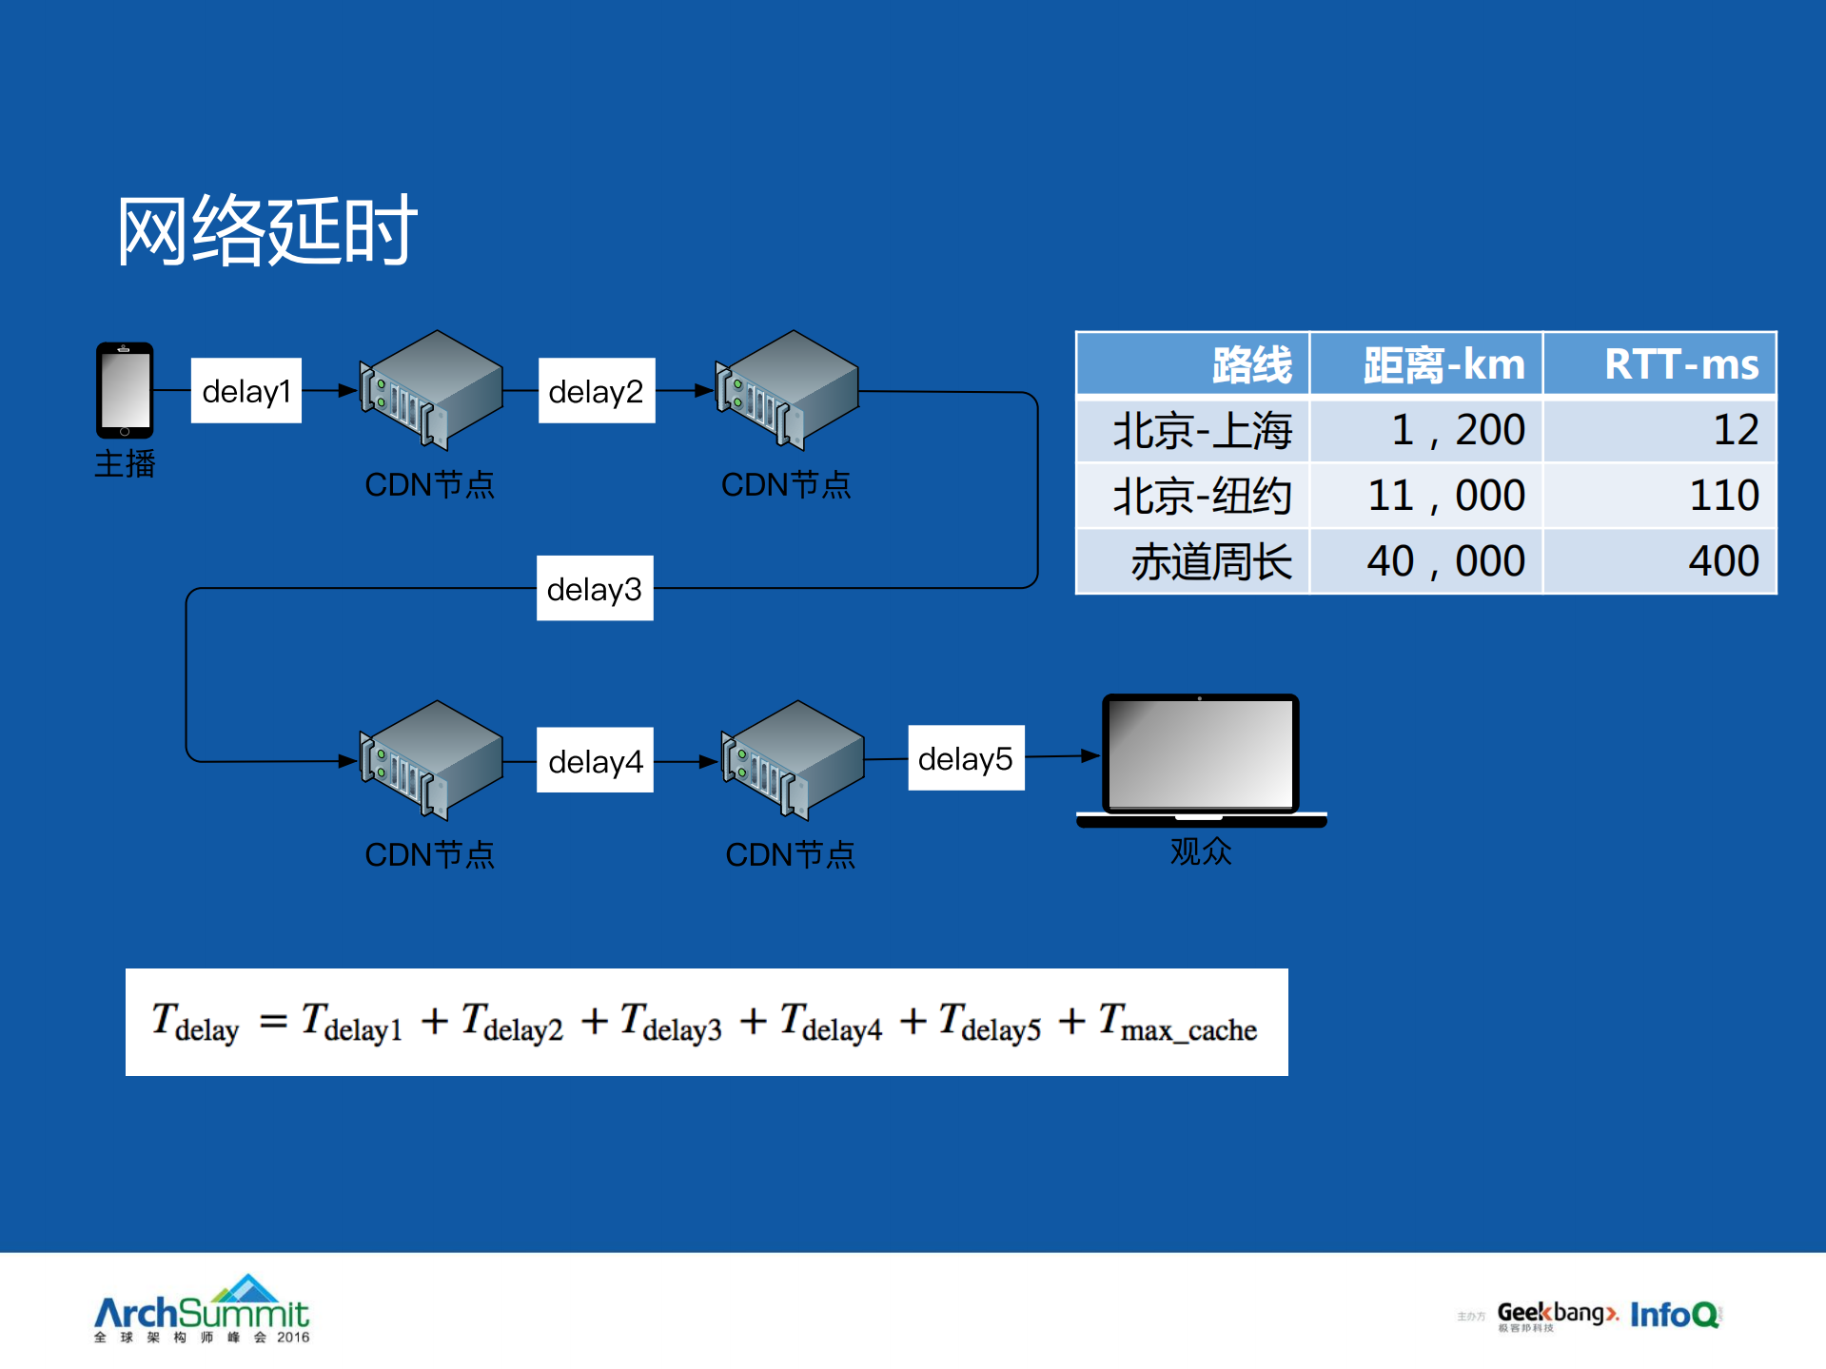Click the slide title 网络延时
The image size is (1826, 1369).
tap(266, 230)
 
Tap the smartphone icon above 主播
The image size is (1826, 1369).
tap(125, 390)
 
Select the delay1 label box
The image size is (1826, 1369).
tap(246, 391)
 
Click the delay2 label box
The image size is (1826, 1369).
tap(597, 391)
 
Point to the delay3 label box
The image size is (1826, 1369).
tap(595, 589)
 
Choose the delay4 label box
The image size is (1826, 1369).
tap(596, 761)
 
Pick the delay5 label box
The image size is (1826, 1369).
tap(966, 758)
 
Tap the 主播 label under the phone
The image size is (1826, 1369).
tap(125, 464)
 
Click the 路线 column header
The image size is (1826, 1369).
tap(1251, 364)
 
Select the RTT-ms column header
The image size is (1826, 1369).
tap(1680, 364)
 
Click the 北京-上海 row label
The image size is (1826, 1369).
tap(1202, 430)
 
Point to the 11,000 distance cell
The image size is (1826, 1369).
tap(1445, 496)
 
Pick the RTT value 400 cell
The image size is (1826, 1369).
tap(1723, 561)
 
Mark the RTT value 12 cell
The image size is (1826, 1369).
tap(1736, 430)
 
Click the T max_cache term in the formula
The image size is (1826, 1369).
tap(1178, 1024)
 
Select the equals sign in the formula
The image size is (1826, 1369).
tap(273, 1022)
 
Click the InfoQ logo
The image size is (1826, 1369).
tap(1675, 1315)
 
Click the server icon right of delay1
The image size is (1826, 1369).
tap(431, 390)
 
